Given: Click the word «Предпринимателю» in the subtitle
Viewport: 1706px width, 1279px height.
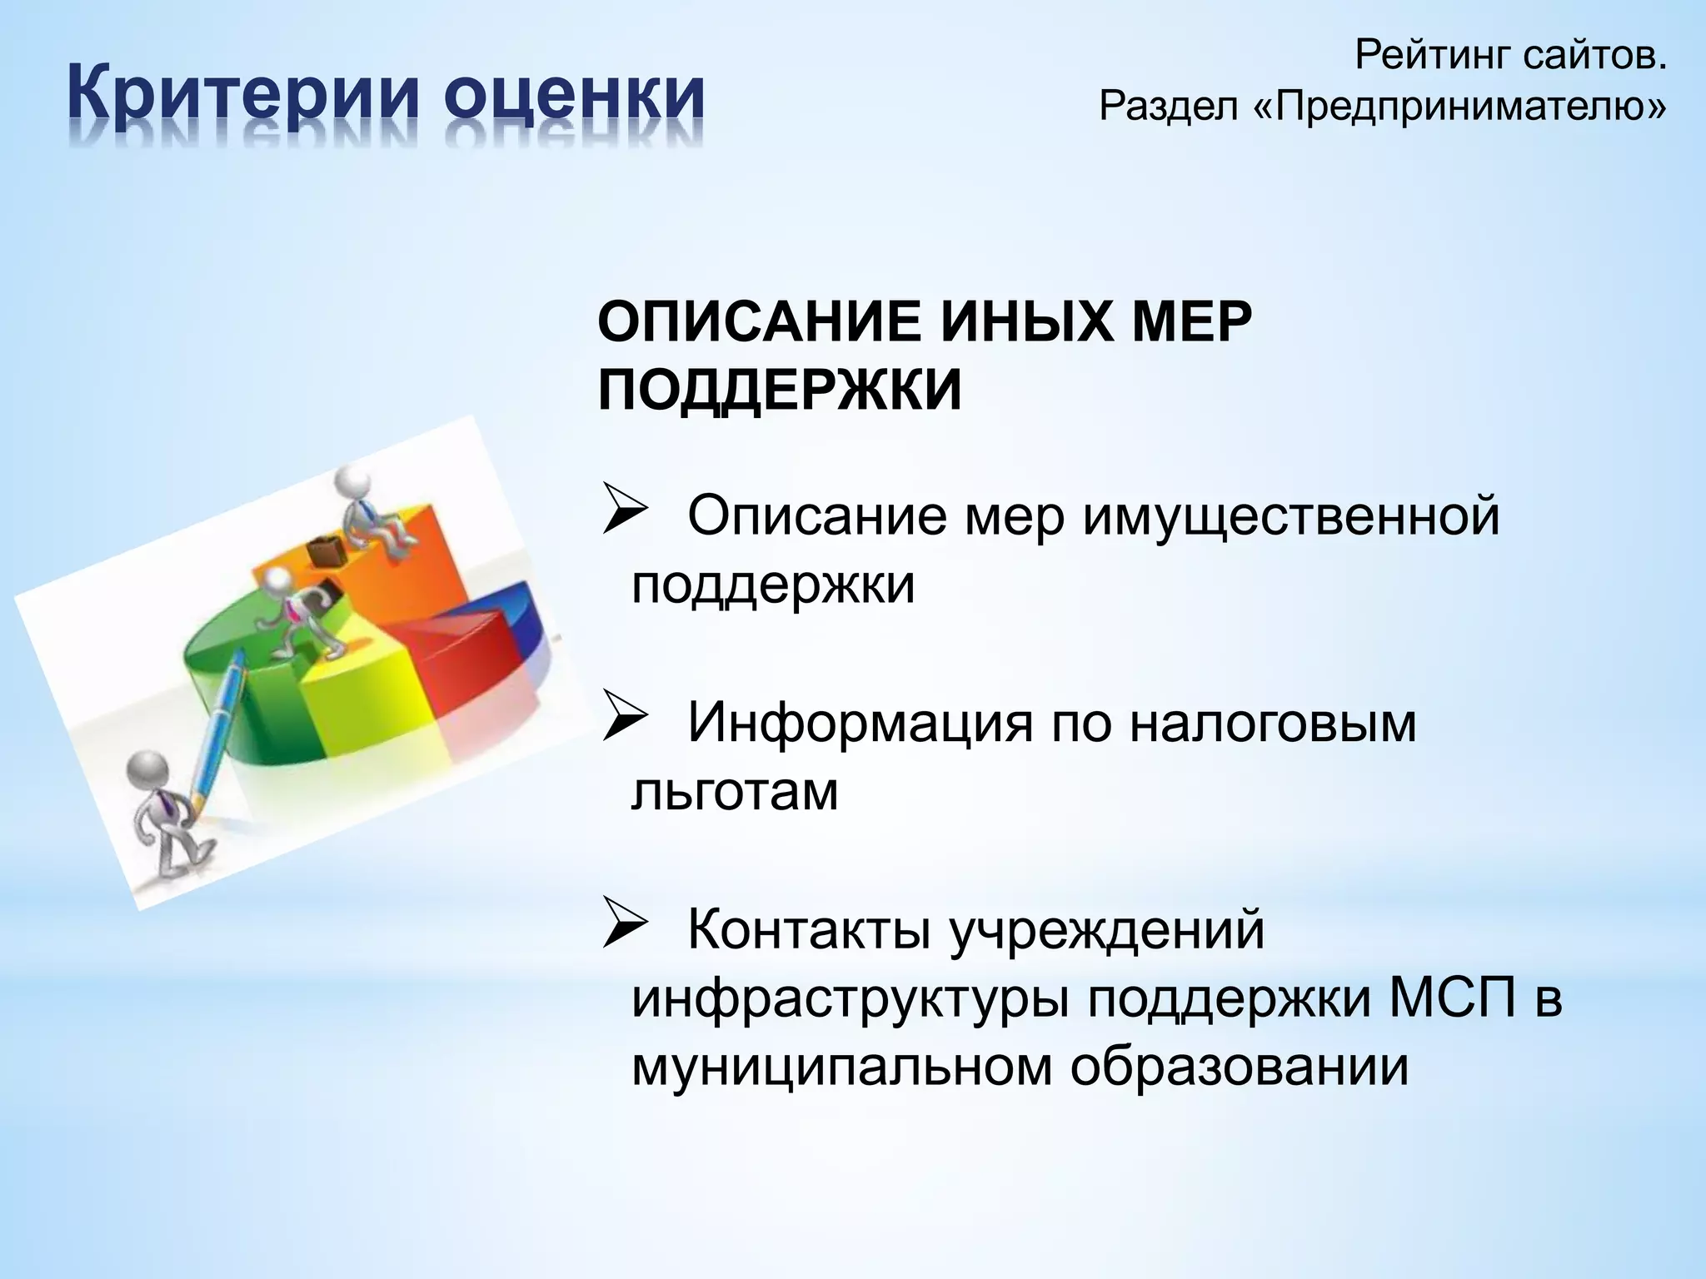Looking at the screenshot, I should pyautogui.click(x=1461, y=106).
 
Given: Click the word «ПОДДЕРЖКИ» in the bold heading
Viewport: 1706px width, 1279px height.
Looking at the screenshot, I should pyautogui.click(x=780, y=390).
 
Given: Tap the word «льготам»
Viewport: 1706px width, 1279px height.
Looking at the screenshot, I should pyautogui.click(x=735, y=791).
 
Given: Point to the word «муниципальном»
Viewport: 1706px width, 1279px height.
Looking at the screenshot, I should pyautogui.click(x=841, y=1067).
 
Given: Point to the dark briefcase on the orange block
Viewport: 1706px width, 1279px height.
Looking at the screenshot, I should pyautogui.click(x=326, y=550).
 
